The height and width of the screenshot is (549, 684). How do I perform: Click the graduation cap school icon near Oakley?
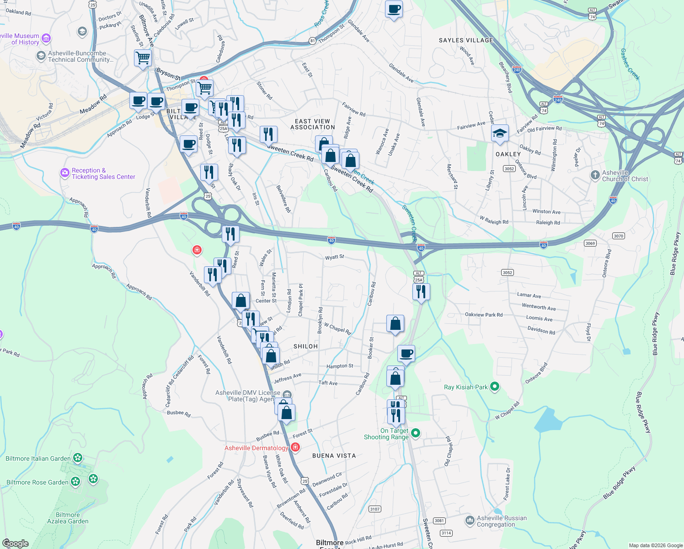coord(500,134)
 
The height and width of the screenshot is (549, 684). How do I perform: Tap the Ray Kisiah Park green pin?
coord(494,387)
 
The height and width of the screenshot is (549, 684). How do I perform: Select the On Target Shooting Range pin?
coord(416,432)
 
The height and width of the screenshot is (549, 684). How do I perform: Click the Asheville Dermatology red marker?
coord(295,447)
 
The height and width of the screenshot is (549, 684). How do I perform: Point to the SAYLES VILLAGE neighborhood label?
coord(466,40)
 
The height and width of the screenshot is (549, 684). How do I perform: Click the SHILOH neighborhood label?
coord(305,346)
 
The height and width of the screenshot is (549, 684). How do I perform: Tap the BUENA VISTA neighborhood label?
coord(334,456)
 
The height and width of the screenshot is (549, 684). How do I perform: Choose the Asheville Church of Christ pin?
coord(595,175)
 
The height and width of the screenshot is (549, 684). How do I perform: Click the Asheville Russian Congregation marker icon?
coord(470,520)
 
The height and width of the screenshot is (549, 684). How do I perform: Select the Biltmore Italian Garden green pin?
coord(78,457)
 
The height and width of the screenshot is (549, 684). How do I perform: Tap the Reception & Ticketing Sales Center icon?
coord(65,173)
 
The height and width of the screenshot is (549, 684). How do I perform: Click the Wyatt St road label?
coord(334,258)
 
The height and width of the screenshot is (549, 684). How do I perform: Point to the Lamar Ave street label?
coord(529,296)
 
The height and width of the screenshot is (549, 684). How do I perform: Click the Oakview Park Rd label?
coord(483,315)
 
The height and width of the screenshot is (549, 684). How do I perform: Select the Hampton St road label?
coord(339,366)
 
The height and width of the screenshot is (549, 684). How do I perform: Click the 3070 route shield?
coord(618,236)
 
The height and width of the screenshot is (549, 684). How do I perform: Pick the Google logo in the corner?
coord(15,544)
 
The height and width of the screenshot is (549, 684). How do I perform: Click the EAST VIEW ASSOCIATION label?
coord(313,124)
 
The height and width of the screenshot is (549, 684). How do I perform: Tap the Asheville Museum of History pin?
coord(46,38)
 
